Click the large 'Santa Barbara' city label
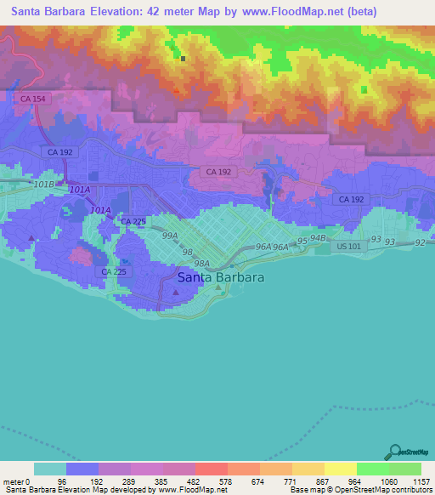click(221, 277)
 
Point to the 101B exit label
click(43, 184)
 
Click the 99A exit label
click(170, 235)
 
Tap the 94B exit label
click(319, 238)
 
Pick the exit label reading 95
click(302, 242)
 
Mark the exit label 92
click(421, 242)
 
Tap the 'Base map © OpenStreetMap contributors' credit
click(361, 490)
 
